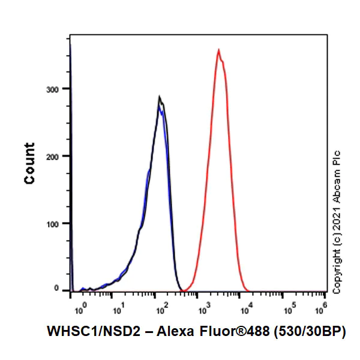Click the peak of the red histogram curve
click(x=218, y=50)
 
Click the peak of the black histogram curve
click(x=159, y=97)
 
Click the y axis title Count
click(x=29, y=163)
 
